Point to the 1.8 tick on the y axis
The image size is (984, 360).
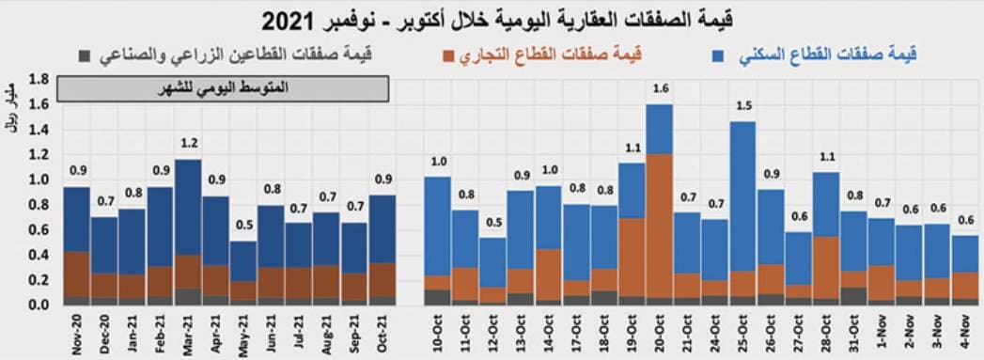click(x=39, y=79)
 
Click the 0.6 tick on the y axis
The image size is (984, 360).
click(x=39, y=230)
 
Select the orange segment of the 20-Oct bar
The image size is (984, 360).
click(x=660, y=226)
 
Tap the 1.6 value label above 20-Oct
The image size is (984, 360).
click(x=660, y=89)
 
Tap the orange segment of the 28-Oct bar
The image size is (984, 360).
click(x=826, y=268)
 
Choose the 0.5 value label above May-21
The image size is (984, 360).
click(x=242, y=226)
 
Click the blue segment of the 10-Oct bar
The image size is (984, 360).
click(x=438, y=226)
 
